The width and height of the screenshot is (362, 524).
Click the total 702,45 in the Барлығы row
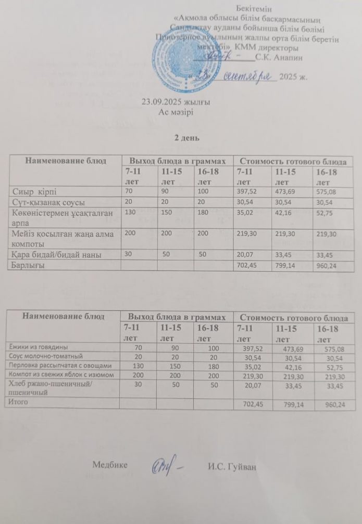pos(247,265)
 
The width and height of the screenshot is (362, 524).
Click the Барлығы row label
pos(29,265)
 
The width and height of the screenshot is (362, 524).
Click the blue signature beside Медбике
pos(166,464)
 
